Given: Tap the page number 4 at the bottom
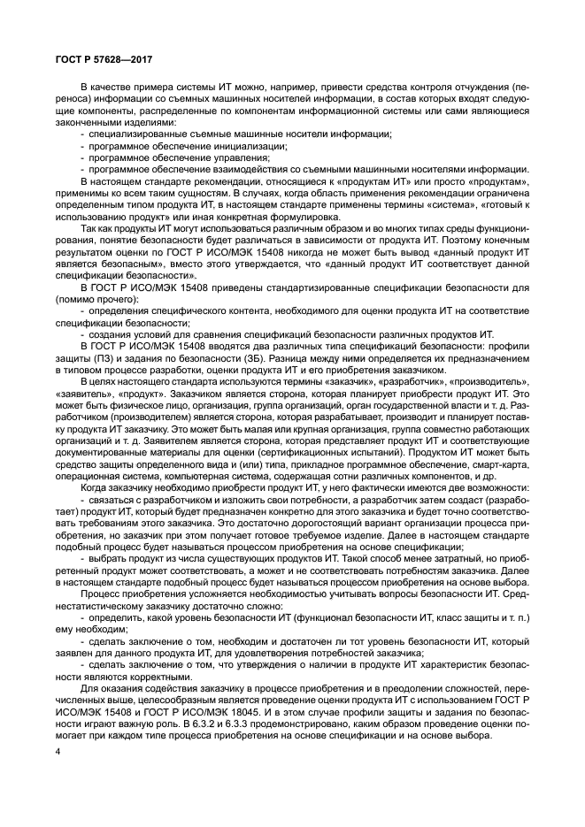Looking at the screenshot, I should point(57,752).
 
